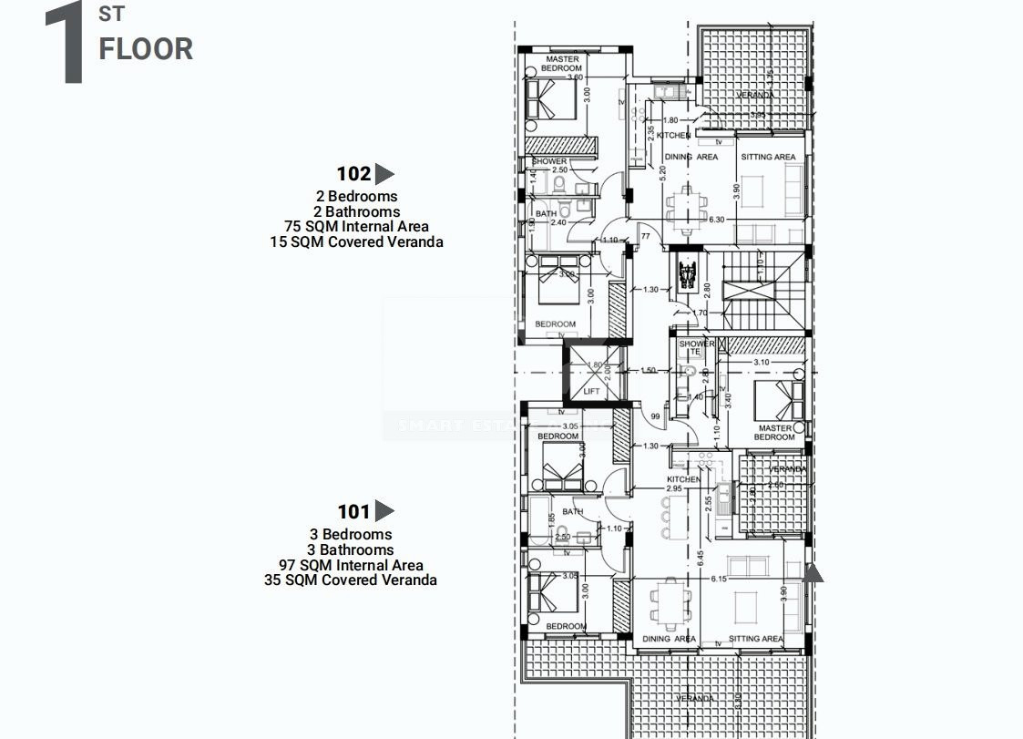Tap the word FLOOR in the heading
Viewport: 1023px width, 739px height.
(x=146, y=48)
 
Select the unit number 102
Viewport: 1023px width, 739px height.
(x=353, y=174)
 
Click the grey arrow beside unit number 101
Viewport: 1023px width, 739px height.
(x=384, y=511)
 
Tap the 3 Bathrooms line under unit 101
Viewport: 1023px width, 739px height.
(x=350, y=549)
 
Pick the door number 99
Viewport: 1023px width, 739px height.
(x=654, y=416)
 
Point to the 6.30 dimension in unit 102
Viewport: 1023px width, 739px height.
(x=715, y=220)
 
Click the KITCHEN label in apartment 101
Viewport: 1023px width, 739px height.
(x=683, y=479)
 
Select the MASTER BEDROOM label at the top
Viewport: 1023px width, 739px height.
(x=562, y=64)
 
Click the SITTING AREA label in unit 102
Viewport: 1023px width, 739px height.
(x=769, y=157)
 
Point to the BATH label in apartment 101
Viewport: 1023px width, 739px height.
(x=572, y=512)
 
